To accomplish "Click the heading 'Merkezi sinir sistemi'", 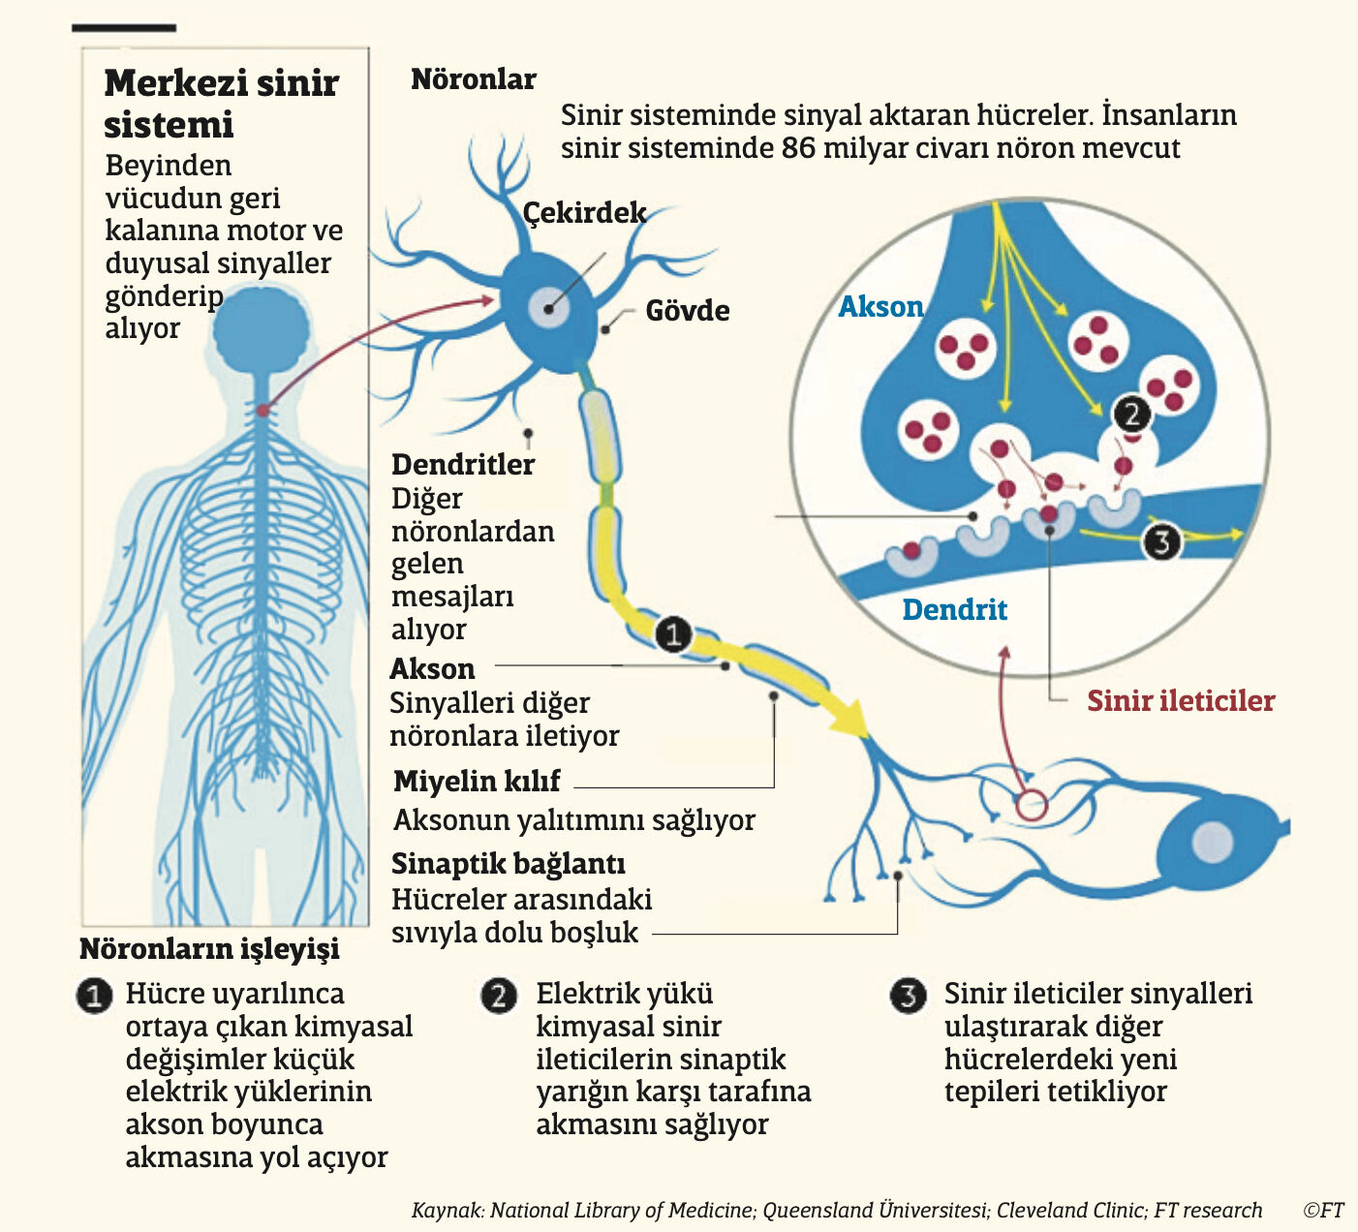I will click(x=221, y=104).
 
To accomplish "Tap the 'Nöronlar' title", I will click(x=473, y=79).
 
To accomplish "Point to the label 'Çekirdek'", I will click(x=584, y=212).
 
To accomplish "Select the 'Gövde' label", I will click(x=688, y=311).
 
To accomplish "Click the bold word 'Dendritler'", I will click(x=462, y=465).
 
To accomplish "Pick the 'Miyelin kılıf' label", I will click(x=477, y=782).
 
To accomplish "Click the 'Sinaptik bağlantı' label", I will click(x=508, y=864).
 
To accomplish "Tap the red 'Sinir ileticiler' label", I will click(x=1180, y=701).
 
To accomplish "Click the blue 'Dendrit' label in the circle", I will click(x=954, y=610).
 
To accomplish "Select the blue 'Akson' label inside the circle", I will click(x=880, y=307).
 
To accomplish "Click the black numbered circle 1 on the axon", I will click(x=673, y=634).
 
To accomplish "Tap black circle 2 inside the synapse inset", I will click(x=1131, y=415).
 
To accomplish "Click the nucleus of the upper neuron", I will click(x=549, y=308).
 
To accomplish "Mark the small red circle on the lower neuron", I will click(x=1032, y=805).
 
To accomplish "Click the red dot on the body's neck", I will click(x=262, y=411).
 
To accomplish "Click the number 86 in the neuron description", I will click(x=800, y=148).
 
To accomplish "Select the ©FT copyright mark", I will click(x=1323, y=1211).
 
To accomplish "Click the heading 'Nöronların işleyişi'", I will click(x=209, y=949).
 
